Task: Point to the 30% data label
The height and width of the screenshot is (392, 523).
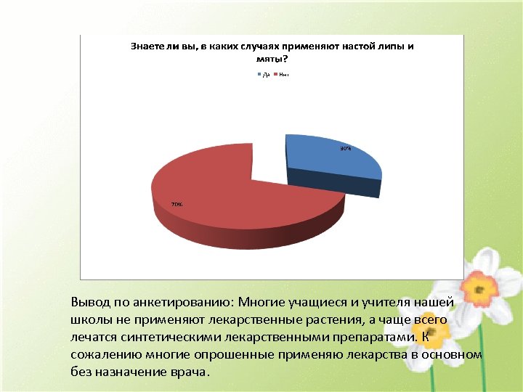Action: tap(346, 149)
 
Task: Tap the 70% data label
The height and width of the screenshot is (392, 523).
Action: tap(177, 205)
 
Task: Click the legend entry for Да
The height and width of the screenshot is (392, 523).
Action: tap(264, 74)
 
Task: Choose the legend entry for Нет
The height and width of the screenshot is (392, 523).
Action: tap(282, 74)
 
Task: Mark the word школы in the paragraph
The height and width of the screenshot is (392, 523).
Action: tap(89, 320)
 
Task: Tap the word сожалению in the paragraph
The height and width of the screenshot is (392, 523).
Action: tap(102, 355)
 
